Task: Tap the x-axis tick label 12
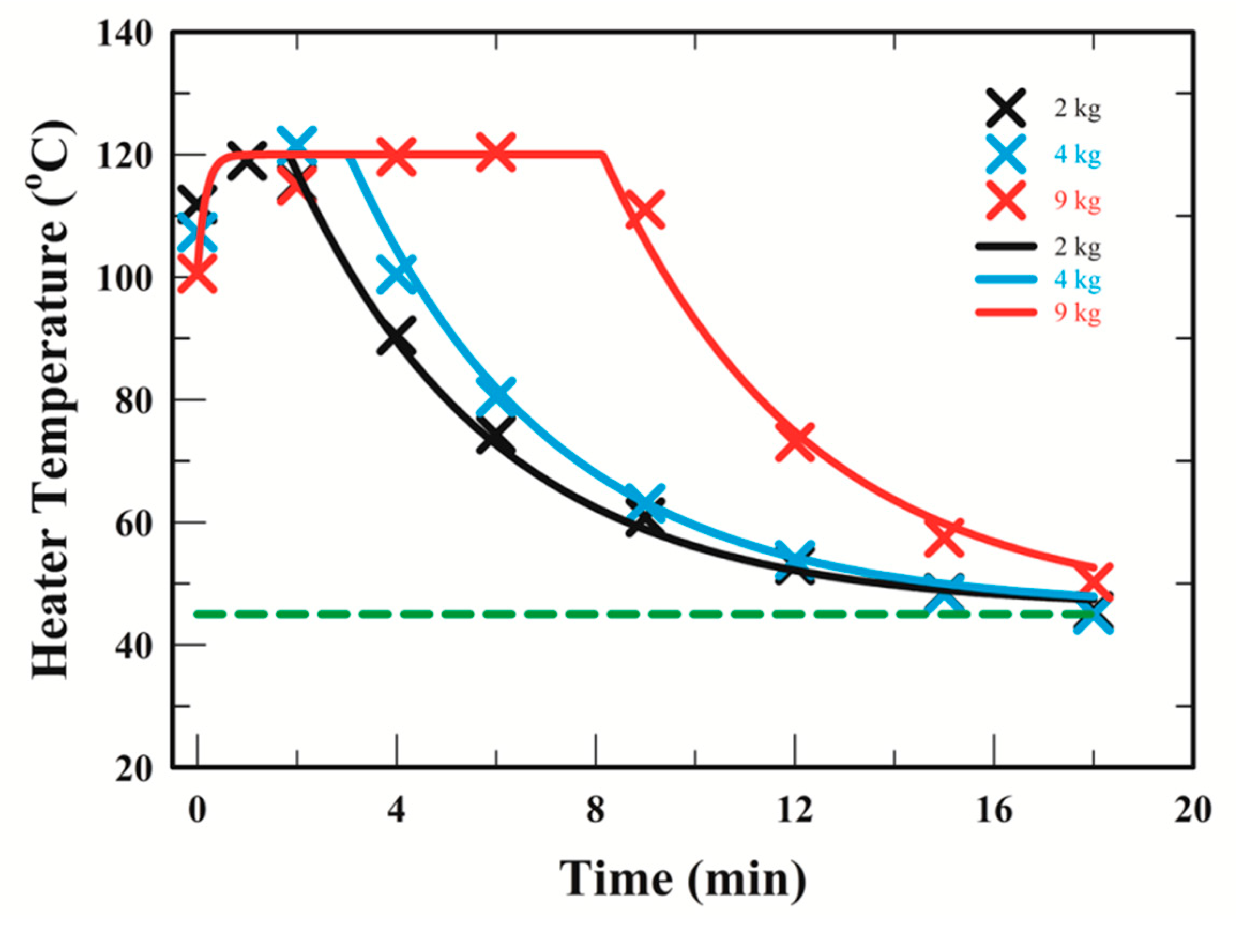794,810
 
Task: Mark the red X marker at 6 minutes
496,153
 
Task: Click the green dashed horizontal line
559,614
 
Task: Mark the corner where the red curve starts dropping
602,155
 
